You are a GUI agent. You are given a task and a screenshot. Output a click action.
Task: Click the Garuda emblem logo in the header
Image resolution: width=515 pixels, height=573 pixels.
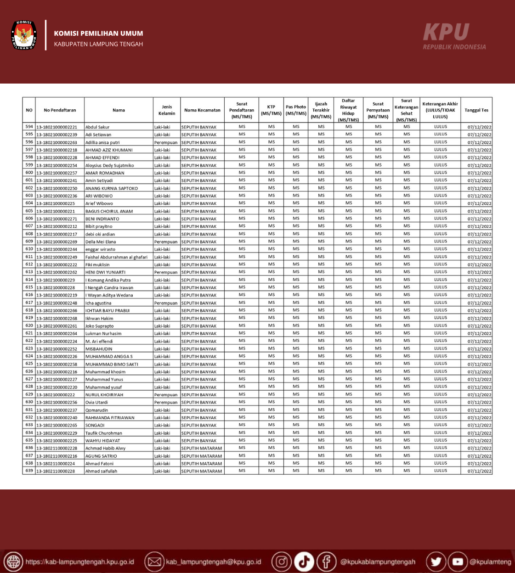click(23, 35)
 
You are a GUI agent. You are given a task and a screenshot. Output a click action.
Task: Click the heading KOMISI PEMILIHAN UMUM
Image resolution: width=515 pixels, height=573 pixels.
click(98, 34)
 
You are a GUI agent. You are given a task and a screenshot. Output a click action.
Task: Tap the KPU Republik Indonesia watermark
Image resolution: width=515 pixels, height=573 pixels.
click(453, 36)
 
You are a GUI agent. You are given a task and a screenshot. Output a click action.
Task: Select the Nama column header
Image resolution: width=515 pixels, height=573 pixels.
click(119, 110)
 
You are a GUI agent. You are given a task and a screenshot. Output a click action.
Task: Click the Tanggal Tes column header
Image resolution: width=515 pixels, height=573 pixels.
click(476, 110)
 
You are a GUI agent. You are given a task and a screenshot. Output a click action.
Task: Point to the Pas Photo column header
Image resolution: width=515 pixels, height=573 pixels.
click(296, 110)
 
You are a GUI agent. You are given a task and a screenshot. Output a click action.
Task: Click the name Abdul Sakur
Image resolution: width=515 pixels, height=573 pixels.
click(97, 127)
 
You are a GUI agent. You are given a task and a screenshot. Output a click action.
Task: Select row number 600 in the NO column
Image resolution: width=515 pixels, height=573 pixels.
click(29, 173)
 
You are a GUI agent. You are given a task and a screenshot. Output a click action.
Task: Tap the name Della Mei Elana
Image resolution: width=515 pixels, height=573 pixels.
click(101, 242)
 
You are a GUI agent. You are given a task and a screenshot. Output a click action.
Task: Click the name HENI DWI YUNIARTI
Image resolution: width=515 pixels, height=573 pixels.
click(105, 272)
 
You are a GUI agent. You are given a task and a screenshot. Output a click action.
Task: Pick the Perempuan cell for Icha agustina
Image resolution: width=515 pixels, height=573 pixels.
click(166, 303)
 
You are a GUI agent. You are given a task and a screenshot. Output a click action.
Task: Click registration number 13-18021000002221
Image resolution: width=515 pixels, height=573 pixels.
click(57, 127)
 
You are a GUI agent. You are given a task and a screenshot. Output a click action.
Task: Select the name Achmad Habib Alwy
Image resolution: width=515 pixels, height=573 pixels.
click(105, 448)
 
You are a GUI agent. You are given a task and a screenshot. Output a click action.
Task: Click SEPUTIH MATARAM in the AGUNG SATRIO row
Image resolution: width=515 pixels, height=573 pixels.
click(201, 456)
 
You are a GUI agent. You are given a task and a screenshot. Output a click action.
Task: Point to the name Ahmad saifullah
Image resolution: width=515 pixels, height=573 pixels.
click(101, 471)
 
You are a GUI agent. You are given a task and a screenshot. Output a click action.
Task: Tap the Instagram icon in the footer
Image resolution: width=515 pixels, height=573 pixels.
click(281, 562)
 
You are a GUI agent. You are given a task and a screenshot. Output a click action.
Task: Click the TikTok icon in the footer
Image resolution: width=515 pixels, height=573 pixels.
click(304, 562)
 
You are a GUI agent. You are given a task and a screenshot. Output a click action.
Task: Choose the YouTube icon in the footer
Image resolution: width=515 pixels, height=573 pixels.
click(458, 562)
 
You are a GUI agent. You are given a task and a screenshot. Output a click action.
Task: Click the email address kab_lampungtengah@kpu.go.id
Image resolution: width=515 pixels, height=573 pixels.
click(213, 562)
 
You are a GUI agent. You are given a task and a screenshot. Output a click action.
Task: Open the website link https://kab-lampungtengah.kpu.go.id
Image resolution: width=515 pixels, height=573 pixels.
click(79, 562)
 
